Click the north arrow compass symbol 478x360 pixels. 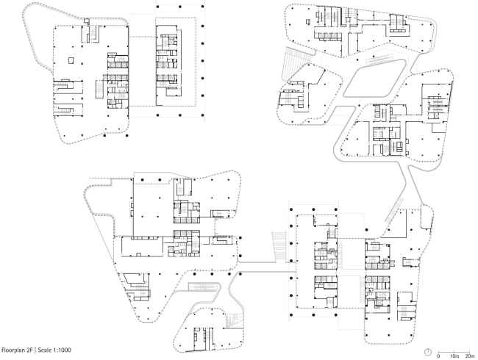pyautogui.click(x=427, y=349)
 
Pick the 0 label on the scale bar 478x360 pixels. pyautogui.click(x=438, y=356)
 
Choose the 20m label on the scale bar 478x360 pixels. pyautogui.click(x=470, y=356)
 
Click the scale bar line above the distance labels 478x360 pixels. pyautogui.click(x=454, y=350)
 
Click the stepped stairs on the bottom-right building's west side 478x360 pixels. pyautogui.click(x=279, y=245)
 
